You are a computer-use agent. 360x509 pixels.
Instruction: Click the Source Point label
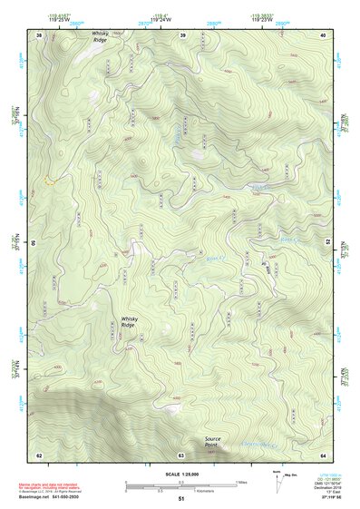[211, 442]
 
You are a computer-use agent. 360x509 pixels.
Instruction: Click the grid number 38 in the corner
[39, 34]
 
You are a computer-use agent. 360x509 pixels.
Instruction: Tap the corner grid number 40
[324, 34]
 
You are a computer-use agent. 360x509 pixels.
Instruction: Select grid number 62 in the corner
[39, 454]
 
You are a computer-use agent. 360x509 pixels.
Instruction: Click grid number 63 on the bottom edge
[181, 454]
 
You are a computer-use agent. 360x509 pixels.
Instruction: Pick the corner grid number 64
[324, 454]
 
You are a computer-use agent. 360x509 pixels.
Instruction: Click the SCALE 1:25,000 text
[181, 475]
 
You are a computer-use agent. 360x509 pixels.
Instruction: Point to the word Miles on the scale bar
[241, 482]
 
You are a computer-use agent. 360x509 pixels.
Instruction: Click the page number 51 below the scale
[181, 499]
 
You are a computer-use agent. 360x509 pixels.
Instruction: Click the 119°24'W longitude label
[163, 18]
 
